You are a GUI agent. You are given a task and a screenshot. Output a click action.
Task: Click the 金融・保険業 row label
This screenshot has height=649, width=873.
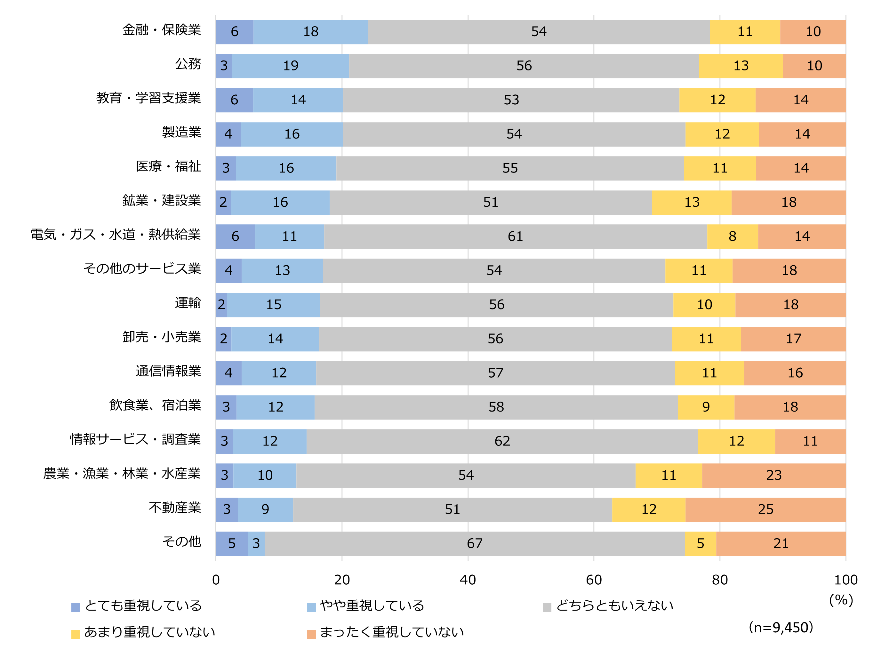[x=162, y=30]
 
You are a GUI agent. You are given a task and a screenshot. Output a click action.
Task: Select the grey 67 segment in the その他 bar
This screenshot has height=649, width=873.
[x=475, y=543]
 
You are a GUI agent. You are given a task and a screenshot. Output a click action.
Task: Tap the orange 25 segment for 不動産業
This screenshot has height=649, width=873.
[x=765, y=509]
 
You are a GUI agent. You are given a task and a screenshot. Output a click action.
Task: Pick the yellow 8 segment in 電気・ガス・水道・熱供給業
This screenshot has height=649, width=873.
[x=732, y=236]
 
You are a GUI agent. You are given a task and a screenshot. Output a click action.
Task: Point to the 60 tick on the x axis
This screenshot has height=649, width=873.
[x=594, y=580]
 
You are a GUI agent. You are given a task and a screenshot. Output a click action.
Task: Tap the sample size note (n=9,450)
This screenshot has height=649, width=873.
[x=781, y=627]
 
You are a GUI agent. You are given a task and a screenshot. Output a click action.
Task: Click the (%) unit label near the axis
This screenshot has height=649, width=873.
[x=841, y=600]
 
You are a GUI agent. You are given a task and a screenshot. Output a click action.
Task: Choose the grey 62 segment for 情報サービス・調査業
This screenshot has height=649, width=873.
[x=502, y=441]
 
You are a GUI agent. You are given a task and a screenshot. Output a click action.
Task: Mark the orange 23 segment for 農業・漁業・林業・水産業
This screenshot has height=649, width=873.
[x=773, y=475]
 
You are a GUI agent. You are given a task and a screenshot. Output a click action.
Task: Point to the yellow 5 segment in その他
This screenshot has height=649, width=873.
[x=700, y=543]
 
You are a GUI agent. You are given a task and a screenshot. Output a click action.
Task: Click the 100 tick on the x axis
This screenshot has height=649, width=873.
[x=845, y=580]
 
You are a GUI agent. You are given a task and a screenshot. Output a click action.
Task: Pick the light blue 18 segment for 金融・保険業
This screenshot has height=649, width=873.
[x=310, y=32]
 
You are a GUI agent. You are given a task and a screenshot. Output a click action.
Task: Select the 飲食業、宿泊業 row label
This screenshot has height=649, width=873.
[x=155, y=405]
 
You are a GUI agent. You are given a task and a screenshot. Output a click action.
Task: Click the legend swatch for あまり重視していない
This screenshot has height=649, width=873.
[x=76, y=634]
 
